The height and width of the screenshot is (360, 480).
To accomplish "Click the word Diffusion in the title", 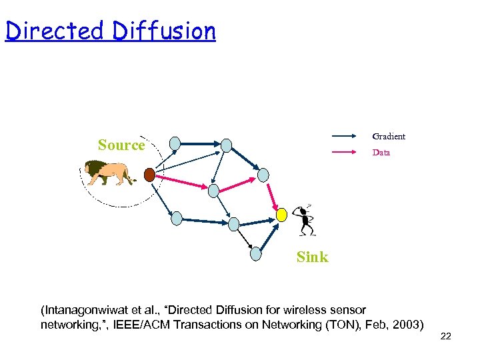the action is [164, 31].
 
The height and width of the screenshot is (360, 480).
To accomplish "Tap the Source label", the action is [121, 145].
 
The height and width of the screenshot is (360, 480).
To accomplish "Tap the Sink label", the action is [312, 257].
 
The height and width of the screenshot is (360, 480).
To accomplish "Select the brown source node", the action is [150, 175].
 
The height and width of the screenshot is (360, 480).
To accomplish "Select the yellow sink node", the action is [282, 214].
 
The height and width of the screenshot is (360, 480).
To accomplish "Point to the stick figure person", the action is [305, 219].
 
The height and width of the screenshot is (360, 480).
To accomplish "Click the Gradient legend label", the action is [389, 137].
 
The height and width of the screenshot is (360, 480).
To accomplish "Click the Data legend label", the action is [381, 153].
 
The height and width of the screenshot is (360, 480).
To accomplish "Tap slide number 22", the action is [446, 336].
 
